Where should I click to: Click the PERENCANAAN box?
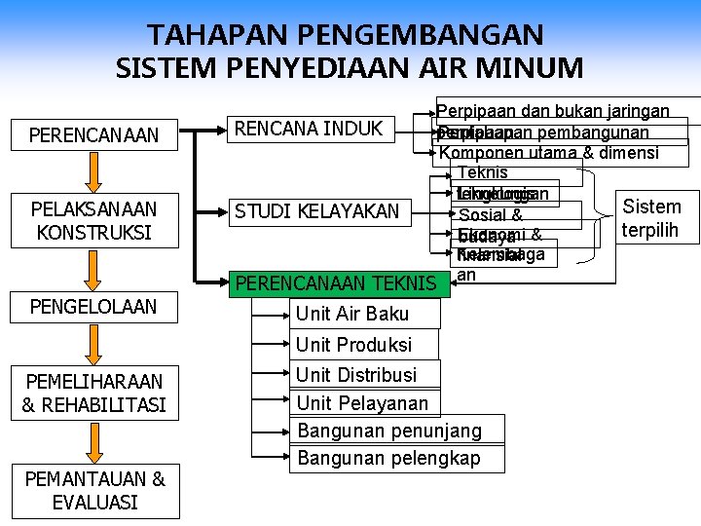pyautogui.click(x=93, y=134)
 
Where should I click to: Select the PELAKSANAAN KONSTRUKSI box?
pyautogui.click(x=93, y=221)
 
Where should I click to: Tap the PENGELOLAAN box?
pyautogui.click(x=93, y=307)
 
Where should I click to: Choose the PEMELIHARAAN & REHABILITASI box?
pyautogui.click(x=93, y=393)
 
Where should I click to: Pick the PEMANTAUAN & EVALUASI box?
pyautogui.click(x=93, y=490)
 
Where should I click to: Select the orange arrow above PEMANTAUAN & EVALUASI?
pyautogui.click(x=93, y=442)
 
